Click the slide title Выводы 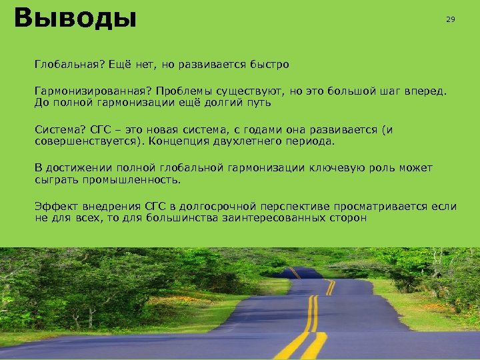75,19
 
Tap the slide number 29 451,20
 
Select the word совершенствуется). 88,141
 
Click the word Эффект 55,206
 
